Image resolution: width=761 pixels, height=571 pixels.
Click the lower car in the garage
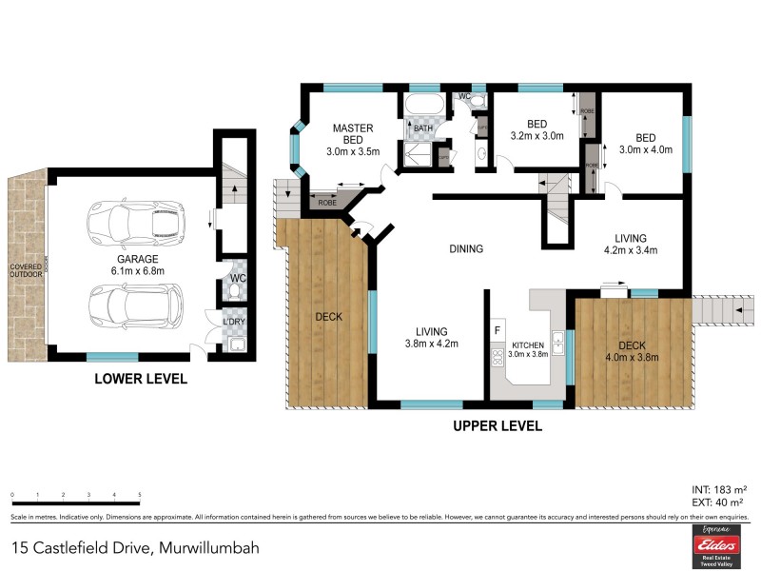pyautogui.click(x=134, y=305)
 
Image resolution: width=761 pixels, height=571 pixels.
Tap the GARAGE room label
pyautogui.click(x=138, y=259)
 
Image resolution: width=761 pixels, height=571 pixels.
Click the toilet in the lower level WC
pyautogui.click(x=235, y=286)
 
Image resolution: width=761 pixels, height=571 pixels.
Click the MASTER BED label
pyautogui.click(x=352, y=134)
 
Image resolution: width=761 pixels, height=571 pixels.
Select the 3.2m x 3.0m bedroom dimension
pyautogui.click(x=537, y=136)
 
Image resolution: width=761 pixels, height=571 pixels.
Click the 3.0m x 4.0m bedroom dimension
pyautogui.click(x=646, y=149)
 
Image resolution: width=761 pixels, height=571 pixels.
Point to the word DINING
pyautogui.click(x=466, y=249)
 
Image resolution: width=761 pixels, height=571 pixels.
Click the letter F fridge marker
pyautogui.click(x=497, y=330)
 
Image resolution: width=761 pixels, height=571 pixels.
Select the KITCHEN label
pyautogui.click(x=528, y=345)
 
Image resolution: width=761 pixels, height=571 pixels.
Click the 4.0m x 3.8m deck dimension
pyautogui.click(x=633, y=358)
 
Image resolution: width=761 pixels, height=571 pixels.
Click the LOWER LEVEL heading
pyautogui.click(x=140, y=379)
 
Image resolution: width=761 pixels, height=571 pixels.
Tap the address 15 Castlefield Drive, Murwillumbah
pyautogui.click(x=135, y=548)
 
